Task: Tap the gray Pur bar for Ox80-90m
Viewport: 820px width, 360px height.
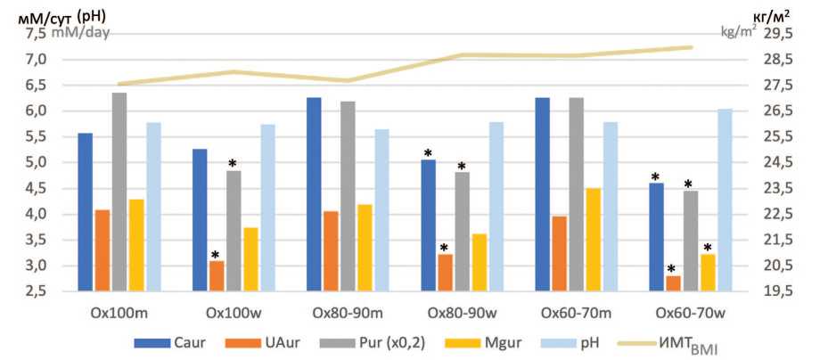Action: [x=348, y=196]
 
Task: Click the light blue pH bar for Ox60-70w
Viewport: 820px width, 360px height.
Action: [x=726, y=200]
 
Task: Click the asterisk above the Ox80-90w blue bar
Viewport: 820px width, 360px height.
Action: [x=429, y=153]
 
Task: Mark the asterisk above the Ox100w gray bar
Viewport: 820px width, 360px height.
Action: [x=234, y=164]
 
